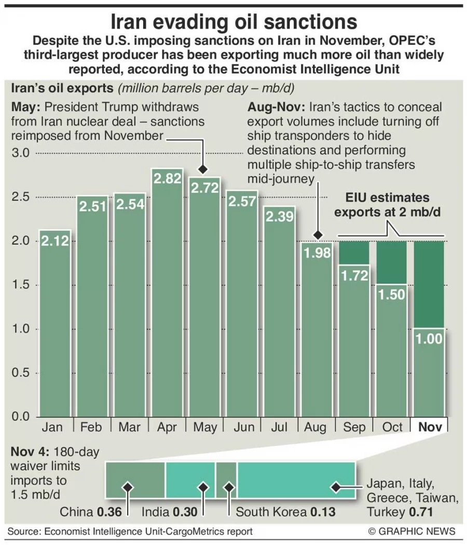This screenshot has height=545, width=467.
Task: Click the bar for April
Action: point(167,301)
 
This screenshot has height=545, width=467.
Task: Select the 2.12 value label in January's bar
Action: point(55,241)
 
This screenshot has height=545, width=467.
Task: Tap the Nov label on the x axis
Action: point(430,427)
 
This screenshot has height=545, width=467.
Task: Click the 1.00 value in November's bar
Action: point(429,339)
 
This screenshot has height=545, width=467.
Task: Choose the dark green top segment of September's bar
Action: point(354,253)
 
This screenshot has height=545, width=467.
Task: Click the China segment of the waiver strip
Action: point(135,480)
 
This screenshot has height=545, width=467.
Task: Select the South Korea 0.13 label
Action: point(285,512)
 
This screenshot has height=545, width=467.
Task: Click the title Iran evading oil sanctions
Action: point(234,22)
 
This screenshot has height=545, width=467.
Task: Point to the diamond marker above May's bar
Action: point(203,169)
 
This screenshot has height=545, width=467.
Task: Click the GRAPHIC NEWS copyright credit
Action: point(411,531)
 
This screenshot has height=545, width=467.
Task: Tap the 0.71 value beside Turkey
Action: point(423,512)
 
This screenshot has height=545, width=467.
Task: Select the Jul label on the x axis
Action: point(280,427)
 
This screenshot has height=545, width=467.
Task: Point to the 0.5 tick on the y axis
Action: point(22,373)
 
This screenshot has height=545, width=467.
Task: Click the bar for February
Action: point(92,311)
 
